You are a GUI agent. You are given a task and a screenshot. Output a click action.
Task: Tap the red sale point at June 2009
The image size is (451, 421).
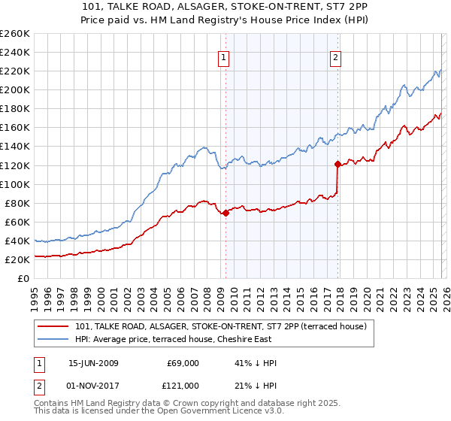tap(225, 214)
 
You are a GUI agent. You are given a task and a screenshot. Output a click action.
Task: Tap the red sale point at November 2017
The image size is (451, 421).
tap(337, 164)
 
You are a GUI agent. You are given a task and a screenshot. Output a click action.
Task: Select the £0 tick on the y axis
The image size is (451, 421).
tap(23, 279)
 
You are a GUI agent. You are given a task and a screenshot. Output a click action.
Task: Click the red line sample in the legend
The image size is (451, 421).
tap(54, 326)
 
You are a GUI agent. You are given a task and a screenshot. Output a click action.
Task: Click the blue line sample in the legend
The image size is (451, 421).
tap(54, 339)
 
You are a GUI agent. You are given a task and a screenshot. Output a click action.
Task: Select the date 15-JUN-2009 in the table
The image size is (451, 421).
tap(95, 362)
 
